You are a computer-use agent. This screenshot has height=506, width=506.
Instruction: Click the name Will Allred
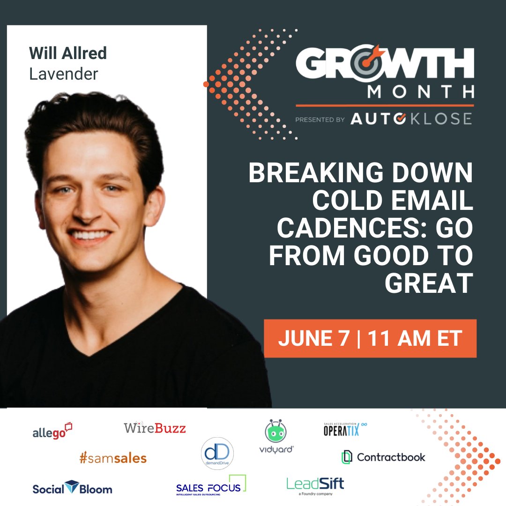[x=68, y=53]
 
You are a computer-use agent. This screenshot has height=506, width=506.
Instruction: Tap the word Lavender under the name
[x=64, y=74]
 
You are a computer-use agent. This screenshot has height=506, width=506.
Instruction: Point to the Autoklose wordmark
[x=411, y=119]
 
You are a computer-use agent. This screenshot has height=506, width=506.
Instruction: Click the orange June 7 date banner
[x=370, y=339]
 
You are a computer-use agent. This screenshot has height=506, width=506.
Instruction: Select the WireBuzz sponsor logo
[x=155, y=427]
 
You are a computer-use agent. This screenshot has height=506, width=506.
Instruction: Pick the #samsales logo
[x=113, y=458]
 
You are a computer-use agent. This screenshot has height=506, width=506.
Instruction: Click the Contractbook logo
[x=384, y=457]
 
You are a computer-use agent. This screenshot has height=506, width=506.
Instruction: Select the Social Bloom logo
[x=72, y=488]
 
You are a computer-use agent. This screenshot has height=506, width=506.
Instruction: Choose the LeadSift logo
[x=315, y=484]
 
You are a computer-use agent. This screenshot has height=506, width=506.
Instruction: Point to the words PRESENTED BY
[x=320, y=120]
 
